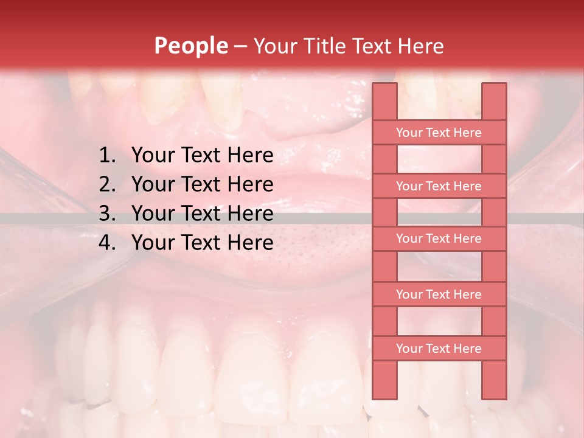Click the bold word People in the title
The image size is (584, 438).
tap(191, 46)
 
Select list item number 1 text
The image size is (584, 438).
tap(202, 156)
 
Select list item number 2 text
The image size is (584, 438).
tap(202, 184)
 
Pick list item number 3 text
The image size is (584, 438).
tap(202, 214)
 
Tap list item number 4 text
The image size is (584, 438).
tap(202, 243)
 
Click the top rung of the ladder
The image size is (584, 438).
tap(439, 133)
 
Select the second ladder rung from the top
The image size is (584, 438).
tap(439, 186)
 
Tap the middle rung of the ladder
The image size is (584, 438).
tap(439, 239)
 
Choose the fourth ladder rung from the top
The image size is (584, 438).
tap(439, 294)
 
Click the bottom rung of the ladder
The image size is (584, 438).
tap(439, 349)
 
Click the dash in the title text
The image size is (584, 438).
tap(240, 46)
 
